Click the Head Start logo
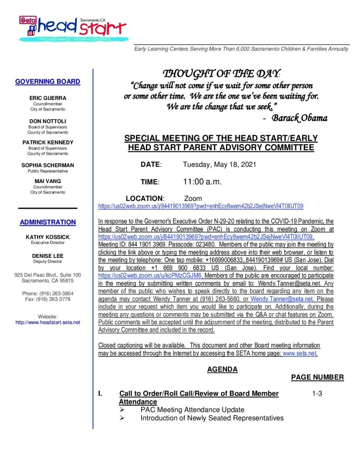coord(73,28)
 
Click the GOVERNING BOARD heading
coord(48,82)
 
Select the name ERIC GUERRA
coord(48,98)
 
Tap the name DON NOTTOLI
coord(48,121)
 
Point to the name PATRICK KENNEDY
coord(48,142)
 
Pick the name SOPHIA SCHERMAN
coord(48,165)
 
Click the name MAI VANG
coord(48,181)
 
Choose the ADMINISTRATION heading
coord(48,222)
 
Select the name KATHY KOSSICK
coord(48,237)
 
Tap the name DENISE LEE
coord(48,256)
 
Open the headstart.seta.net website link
coord(48,323)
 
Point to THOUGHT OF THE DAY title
coord(221,74)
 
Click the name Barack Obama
coord(299,118)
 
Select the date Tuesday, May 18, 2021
coord(220,165)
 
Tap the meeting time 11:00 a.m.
coord(202,182)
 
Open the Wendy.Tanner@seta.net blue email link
coord(282,299)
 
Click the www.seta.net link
coord(299,354)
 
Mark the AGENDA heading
coord(222,369)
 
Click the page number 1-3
coord(317,394)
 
